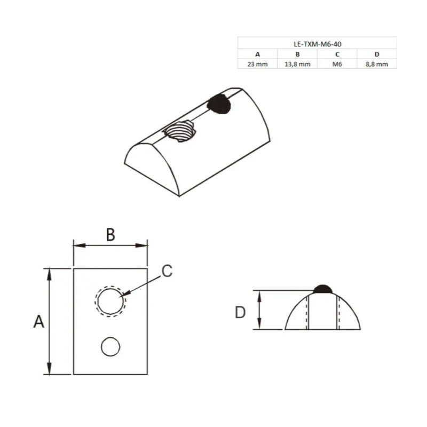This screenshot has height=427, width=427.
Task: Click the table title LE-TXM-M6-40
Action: coord(317,44)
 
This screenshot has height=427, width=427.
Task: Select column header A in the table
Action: coord(258,54)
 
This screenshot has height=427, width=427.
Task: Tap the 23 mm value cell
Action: coord(258,64)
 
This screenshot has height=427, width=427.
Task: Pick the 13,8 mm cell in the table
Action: coord(297,64)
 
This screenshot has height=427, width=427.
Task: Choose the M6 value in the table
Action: coord(337,64)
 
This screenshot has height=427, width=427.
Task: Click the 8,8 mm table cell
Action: coord(377,64)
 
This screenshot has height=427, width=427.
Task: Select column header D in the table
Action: coord(377,54)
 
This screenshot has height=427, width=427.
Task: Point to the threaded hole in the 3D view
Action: coord(180,131)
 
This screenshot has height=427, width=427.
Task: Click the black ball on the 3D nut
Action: coord(219,104)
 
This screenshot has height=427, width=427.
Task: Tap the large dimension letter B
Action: coord(110,234)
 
